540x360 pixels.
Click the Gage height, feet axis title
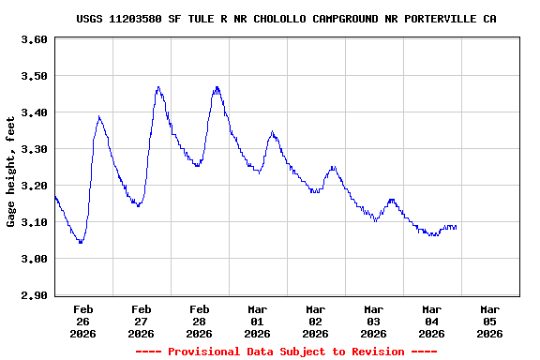click(x=11, y=172)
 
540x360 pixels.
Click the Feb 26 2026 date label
click(x=82, y=321)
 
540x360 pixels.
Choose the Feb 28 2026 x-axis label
click(x=199, y=321)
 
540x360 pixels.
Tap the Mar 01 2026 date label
click(x=257, y=321)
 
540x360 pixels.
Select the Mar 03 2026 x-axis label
click(x=373, y=321)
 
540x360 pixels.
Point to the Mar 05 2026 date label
click(x=489, y=321)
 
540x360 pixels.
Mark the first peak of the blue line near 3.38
click(x=99, y=117)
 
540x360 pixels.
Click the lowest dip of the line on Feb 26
click(x=81, y=243)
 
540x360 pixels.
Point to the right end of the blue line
click(x=457, y=228)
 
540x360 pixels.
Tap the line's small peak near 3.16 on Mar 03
click(x=391, y=200)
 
